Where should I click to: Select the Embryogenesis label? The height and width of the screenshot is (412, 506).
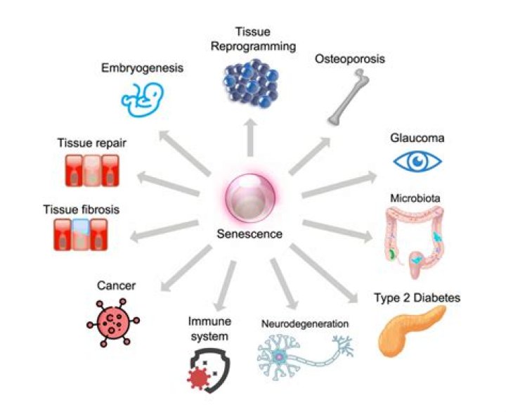click(143, 69)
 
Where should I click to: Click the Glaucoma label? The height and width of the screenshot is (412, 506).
click(417, 138)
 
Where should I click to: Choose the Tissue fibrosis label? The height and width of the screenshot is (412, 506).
click(82, 210)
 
